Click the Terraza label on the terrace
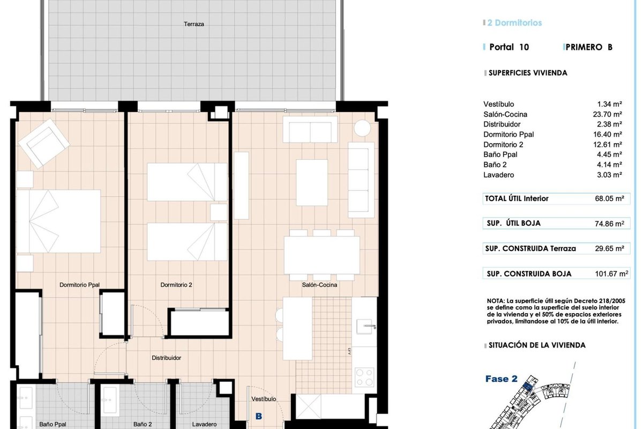point(194,24)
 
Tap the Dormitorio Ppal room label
point(79,285)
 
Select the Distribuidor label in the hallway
point(166,358)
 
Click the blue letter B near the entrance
point(259,416)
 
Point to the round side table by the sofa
point(362,128)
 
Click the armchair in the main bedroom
point(43,144)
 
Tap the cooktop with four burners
point(364,378)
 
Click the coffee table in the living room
point(312,183)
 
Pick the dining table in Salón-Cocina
point(322,255)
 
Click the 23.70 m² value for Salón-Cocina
point(608,114)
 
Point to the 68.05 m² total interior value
point(609,198)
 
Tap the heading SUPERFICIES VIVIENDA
point(528,73)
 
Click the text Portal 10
point(509,47)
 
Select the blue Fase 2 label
point(501,379)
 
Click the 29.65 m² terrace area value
point(609,248)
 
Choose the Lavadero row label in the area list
point(499,175)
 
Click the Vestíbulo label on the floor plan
point(264,399)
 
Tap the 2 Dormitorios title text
point(514,23)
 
